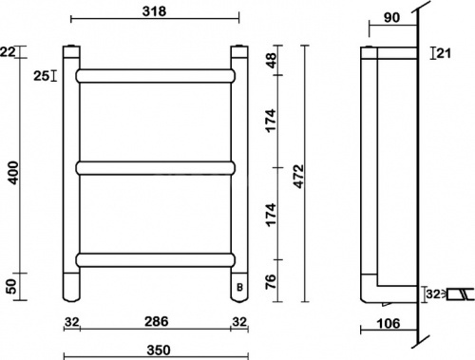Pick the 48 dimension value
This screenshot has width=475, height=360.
[271, 60]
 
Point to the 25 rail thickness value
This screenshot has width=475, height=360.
[41, 74]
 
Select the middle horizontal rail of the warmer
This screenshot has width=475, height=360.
[156, 168]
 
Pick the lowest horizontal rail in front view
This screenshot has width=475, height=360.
[156, 257]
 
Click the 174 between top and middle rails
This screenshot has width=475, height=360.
[271, 120]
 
